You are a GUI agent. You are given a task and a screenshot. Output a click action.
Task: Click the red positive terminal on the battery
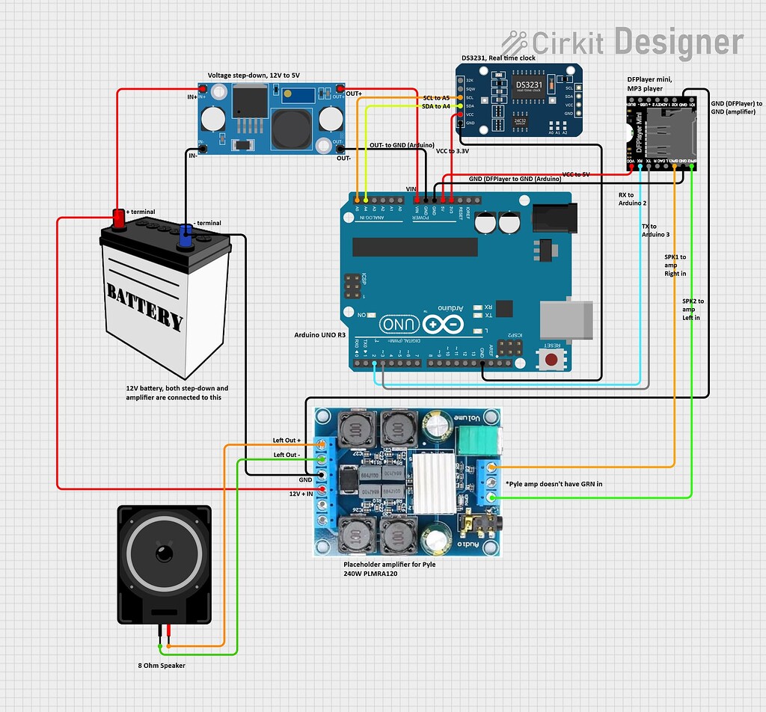coord(118,218)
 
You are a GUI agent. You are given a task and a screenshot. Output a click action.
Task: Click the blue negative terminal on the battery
coord(184,236)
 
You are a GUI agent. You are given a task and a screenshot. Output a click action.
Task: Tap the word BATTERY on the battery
coord(144,305)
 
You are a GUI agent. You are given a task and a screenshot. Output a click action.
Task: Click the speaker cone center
coord(164,555)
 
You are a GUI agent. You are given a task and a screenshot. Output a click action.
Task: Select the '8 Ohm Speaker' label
coord(161,666)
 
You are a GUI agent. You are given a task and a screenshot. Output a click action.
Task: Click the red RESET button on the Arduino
coord(552,360)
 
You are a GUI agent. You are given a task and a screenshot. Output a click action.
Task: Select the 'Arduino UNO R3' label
coord(320,335)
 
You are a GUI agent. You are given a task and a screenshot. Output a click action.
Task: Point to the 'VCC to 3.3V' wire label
coord(452,150)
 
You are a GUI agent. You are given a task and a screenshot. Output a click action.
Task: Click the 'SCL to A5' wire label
coord(436,98)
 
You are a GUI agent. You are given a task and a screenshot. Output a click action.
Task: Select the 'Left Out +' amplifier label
coord(287,441)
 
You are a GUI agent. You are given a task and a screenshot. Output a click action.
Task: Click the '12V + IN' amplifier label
coord(295,494)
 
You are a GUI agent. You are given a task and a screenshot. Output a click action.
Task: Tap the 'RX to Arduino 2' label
coord(632,198)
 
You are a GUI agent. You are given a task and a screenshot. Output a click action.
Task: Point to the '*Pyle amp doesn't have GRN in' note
coord(554,484)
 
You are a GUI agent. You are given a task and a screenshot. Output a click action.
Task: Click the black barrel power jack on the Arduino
coord(554,218)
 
